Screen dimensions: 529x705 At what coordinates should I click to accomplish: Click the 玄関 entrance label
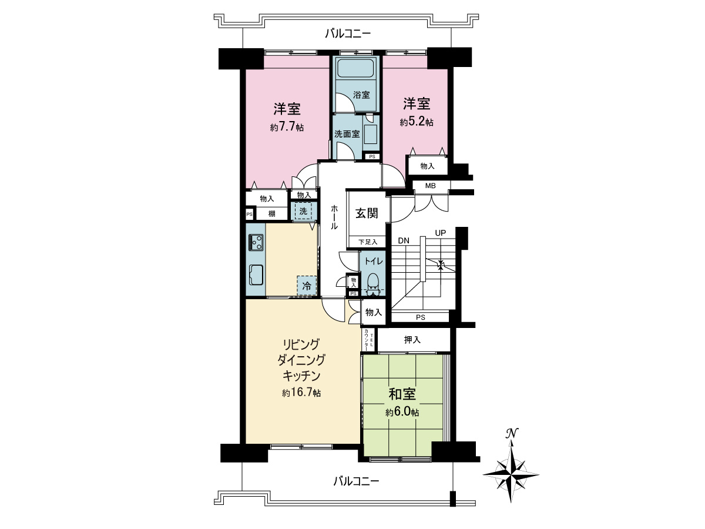pos(366,213)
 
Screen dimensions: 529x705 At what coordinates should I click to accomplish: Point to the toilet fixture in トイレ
pos(372,282)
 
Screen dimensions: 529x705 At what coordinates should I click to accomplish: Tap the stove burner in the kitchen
pos(257,241)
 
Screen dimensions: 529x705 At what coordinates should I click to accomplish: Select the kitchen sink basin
pos(257,274)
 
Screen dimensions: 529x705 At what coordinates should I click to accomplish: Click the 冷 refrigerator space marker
pos(307,286)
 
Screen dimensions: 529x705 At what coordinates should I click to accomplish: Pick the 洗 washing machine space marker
pos(303,211)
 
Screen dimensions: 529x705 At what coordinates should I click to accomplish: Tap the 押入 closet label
pos(412,340)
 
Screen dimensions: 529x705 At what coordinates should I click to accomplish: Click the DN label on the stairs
pos(404,240)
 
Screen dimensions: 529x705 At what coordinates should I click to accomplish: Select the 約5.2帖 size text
pos(417,122)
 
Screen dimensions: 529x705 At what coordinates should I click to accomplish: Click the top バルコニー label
pos(348,34)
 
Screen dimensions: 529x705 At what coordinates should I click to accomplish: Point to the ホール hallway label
pos(334,217)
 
